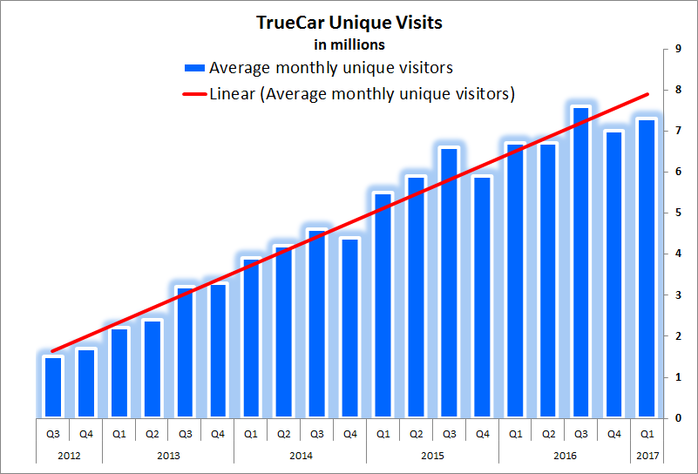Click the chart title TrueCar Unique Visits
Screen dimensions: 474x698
[349, 23]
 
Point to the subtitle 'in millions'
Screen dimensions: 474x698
[349, 44]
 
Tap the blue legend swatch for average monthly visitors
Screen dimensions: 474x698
[193, 68]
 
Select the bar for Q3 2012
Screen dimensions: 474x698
[53, 387]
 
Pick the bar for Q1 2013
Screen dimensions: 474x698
[119, 372]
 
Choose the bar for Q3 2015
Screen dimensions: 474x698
[449, 282]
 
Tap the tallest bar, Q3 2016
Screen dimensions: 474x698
[581, 261]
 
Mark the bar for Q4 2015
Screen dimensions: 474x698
[482, 296]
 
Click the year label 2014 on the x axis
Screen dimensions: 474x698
[300, 455]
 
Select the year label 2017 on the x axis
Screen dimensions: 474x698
[647, 455]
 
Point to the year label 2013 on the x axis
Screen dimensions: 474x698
[167, 455]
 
